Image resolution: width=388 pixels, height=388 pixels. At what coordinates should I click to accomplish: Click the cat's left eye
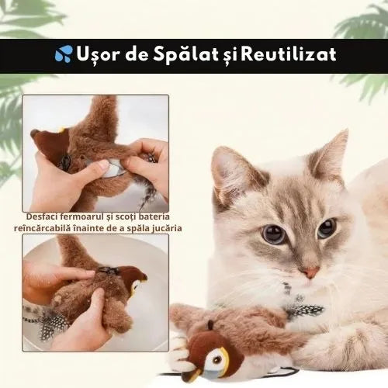[272, 234]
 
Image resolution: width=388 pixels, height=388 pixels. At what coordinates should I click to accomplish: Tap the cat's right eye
[327, 227]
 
